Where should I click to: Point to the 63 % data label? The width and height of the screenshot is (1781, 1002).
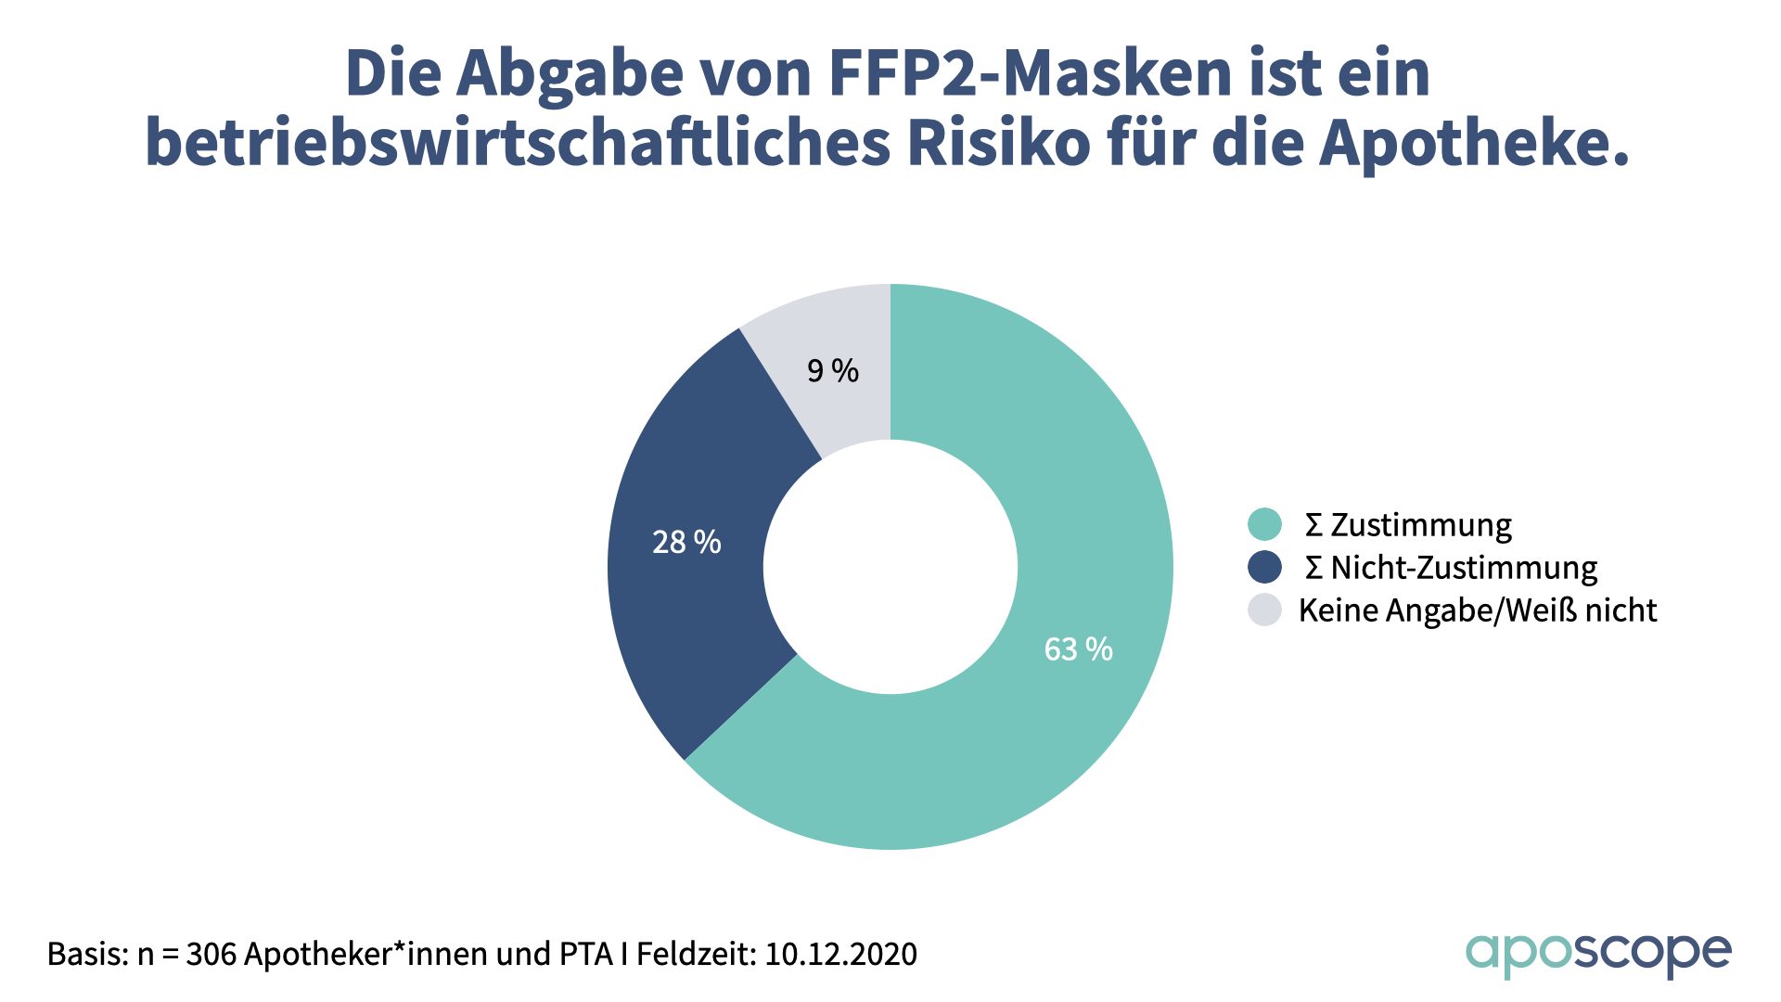pos(1078,649)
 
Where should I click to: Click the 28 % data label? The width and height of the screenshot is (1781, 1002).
pos(686,543)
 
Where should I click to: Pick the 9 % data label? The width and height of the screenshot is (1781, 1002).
pos(833,371)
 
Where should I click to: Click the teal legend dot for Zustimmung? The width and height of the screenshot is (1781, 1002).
pos(1264,524)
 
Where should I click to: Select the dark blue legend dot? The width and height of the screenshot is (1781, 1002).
pos(1264,567)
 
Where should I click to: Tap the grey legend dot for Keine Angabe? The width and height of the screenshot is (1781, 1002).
pos(1264,610)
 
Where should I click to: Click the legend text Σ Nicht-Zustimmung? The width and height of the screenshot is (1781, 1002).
pos(1451,568)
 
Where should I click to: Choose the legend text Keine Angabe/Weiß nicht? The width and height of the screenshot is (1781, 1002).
pos(1477,610)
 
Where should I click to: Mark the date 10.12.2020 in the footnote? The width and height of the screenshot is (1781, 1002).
pos(840,954)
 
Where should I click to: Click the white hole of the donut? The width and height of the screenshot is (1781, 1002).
pos(890,567)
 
